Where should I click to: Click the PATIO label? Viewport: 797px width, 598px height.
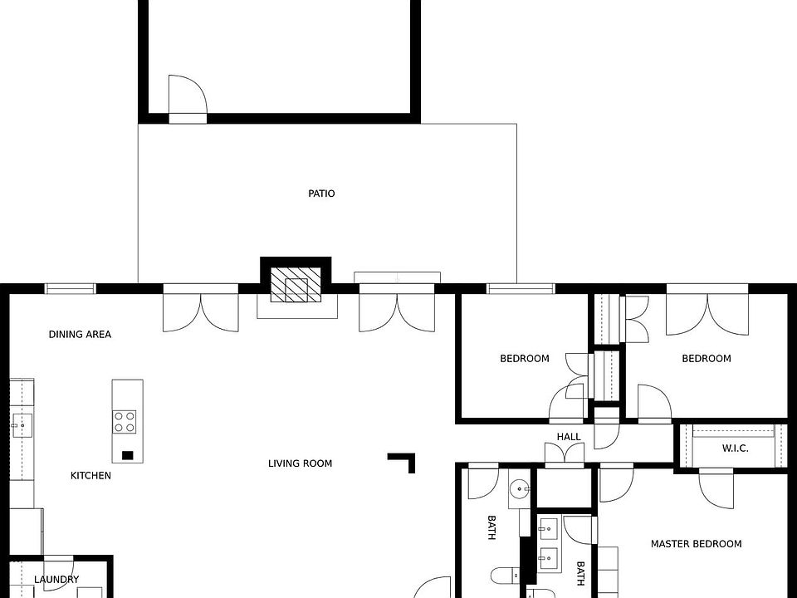tap(321, 194)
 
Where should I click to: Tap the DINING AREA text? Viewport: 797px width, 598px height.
tap(80, 334)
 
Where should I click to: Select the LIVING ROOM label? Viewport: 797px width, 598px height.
tap(300, 463)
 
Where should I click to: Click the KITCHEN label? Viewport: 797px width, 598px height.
tap(90, 475)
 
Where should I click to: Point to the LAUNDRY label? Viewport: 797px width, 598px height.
tap(56, 579)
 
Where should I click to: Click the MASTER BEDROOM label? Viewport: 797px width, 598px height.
tap(696, 543)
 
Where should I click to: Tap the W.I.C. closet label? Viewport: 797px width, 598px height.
tap(735, 448)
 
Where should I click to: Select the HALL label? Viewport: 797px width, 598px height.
tap(568, 436)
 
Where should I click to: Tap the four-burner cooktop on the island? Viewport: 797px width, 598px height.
tap(125, 422)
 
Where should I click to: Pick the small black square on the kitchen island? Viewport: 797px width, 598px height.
tap(128, 455)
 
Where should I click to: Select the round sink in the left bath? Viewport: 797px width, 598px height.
tap(520, 490)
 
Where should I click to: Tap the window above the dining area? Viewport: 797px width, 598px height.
tap(70, 289)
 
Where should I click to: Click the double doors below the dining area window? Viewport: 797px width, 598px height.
tap(201, 308)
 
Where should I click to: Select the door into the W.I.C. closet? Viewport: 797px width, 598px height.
tap(716, 488)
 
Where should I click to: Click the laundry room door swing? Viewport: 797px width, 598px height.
tap(59, 575)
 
